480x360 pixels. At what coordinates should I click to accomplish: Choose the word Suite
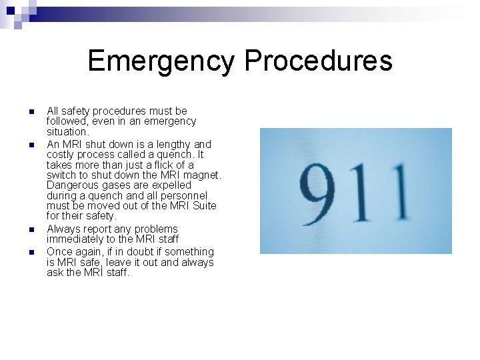203,205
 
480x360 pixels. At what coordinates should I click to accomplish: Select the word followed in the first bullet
67,121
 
